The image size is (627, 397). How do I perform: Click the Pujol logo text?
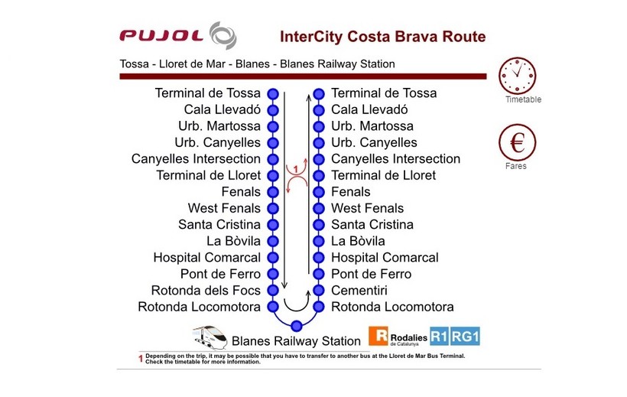161,36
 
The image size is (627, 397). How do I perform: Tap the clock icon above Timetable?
517,76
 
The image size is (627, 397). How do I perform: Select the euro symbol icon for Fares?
517,142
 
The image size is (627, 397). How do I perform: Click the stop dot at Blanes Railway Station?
297,326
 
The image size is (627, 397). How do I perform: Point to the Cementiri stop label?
359,290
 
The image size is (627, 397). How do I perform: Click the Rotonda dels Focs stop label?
206,290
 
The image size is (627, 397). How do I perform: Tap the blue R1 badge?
439,336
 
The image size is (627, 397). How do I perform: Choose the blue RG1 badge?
465,336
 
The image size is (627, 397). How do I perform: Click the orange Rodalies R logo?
378,336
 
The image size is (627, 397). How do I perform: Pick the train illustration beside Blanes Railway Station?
210,337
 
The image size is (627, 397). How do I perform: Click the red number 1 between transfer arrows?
296,169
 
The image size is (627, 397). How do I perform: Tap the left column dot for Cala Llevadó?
273,110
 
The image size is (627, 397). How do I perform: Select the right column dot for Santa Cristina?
319,225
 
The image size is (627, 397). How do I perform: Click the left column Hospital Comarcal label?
206,257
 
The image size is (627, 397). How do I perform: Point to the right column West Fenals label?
368,208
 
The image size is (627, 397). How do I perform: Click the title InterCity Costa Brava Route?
382,37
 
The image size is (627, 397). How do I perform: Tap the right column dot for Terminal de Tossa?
319,94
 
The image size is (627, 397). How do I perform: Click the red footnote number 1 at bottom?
141,359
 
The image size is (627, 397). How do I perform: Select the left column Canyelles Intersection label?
196,159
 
